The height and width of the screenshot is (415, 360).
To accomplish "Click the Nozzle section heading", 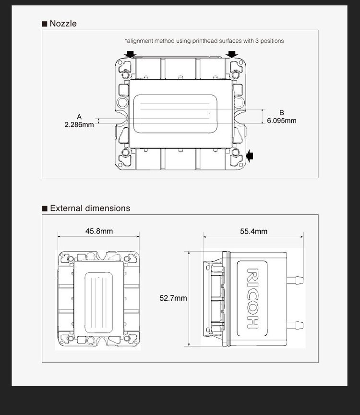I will click(63, 24).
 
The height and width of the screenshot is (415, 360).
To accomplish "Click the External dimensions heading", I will click(90, 208).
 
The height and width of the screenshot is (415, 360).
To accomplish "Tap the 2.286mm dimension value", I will click(79, 124).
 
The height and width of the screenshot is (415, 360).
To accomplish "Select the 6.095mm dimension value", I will click(282, 121).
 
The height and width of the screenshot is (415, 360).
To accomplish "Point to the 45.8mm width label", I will click(99, 231).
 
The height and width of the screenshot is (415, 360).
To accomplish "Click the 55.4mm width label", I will click(254, 232).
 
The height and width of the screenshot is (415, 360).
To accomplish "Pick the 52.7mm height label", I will click(173, 298).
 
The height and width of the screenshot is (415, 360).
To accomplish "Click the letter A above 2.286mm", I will click(79, 117).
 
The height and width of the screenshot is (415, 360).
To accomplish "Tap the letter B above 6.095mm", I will click(282, 113).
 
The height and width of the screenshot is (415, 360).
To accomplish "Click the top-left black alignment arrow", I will click(130, 54).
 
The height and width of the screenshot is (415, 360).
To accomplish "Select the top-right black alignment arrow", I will click(233, 54).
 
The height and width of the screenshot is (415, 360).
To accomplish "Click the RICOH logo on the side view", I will click(252, 298).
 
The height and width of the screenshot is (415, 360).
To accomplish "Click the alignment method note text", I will click(204, 41).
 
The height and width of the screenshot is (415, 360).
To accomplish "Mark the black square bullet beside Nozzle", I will click(45, 24).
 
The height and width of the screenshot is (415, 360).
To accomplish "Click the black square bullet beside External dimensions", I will click(45, 208).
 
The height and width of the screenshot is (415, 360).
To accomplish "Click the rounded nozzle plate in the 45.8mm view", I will click(99, 302).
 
